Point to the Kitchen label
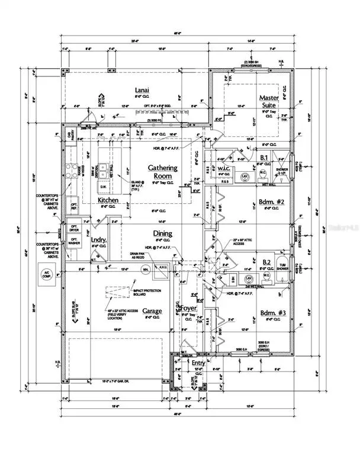pyautogui.click(x=108, y=200)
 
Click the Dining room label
pyautogui.click(x=162, y=233)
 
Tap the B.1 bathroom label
pyautogui.click(x=265, y=158)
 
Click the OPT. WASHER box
pyautogui.click(x=75, y=243)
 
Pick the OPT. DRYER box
pyautogui.click(x=75, y=228)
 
